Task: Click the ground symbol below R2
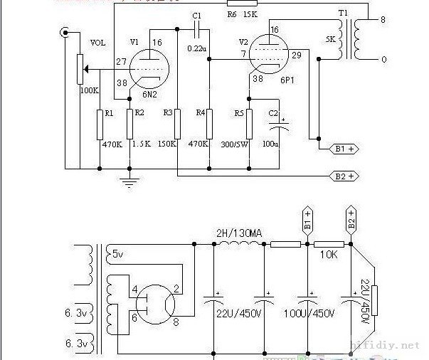click(129, 184)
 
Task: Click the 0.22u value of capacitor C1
click(196, 48)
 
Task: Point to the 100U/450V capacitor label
click(309, 314)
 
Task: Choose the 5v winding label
click(117, 253)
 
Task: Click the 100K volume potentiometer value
click(90, 90)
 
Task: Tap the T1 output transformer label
click(343, 14)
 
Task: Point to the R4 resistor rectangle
click(209, 124)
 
